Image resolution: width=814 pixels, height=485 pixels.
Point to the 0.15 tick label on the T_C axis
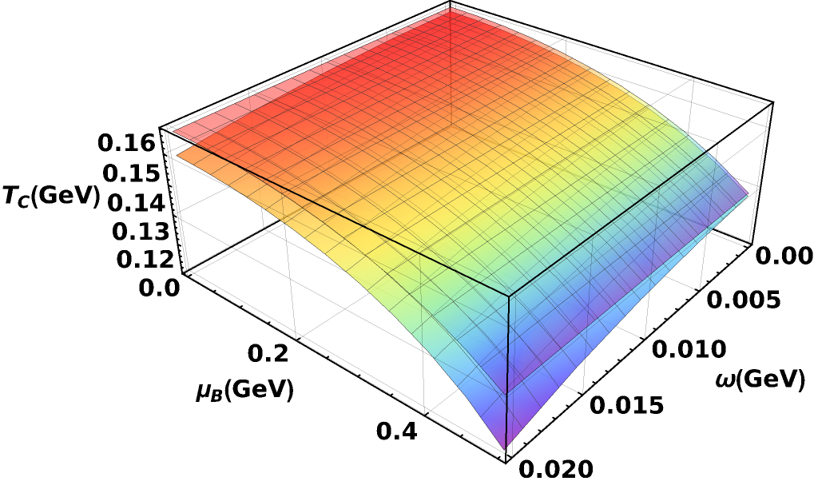131,173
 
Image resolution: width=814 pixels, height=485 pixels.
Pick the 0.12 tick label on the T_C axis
145,260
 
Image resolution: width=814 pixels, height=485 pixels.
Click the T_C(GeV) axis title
50,197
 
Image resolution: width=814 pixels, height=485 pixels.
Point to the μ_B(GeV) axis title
244,392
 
